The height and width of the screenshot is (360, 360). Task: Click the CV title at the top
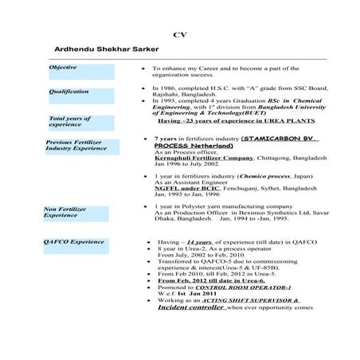(179, 35)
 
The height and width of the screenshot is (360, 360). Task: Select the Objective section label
(63, 68)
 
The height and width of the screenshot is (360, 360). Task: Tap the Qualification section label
(68, 92)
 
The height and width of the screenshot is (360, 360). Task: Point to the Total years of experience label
(71, 121)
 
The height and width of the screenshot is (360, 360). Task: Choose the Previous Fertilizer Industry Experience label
(76, 146)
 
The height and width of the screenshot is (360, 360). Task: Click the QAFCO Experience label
(74, 241)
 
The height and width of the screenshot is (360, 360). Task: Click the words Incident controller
(190, 307)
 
